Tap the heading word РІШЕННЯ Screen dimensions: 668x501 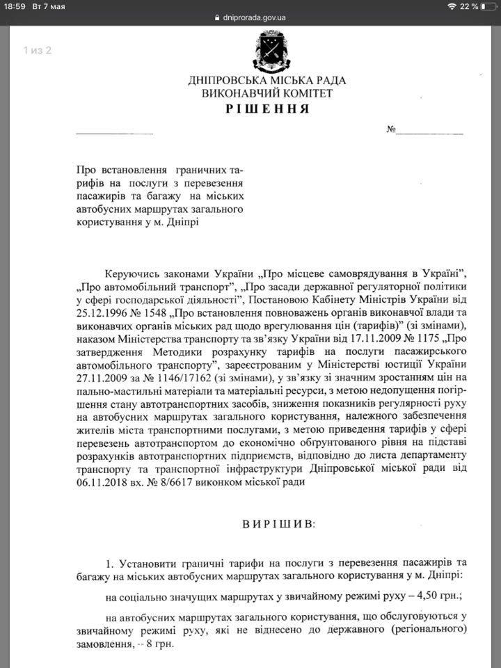pyautogui.click(x=267, y=110)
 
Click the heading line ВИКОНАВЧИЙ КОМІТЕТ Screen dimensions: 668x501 pyautogui.click(x=267, y=93)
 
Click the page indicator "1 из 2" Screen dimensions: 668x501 pyautogui.click(x=38, y=50)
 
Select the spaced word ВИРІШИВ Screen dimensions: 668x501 pyautogui.click(x=267, y=523)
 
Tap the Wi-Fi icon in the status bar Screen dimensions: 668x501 pyautogui.click(x=453, y=6)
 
